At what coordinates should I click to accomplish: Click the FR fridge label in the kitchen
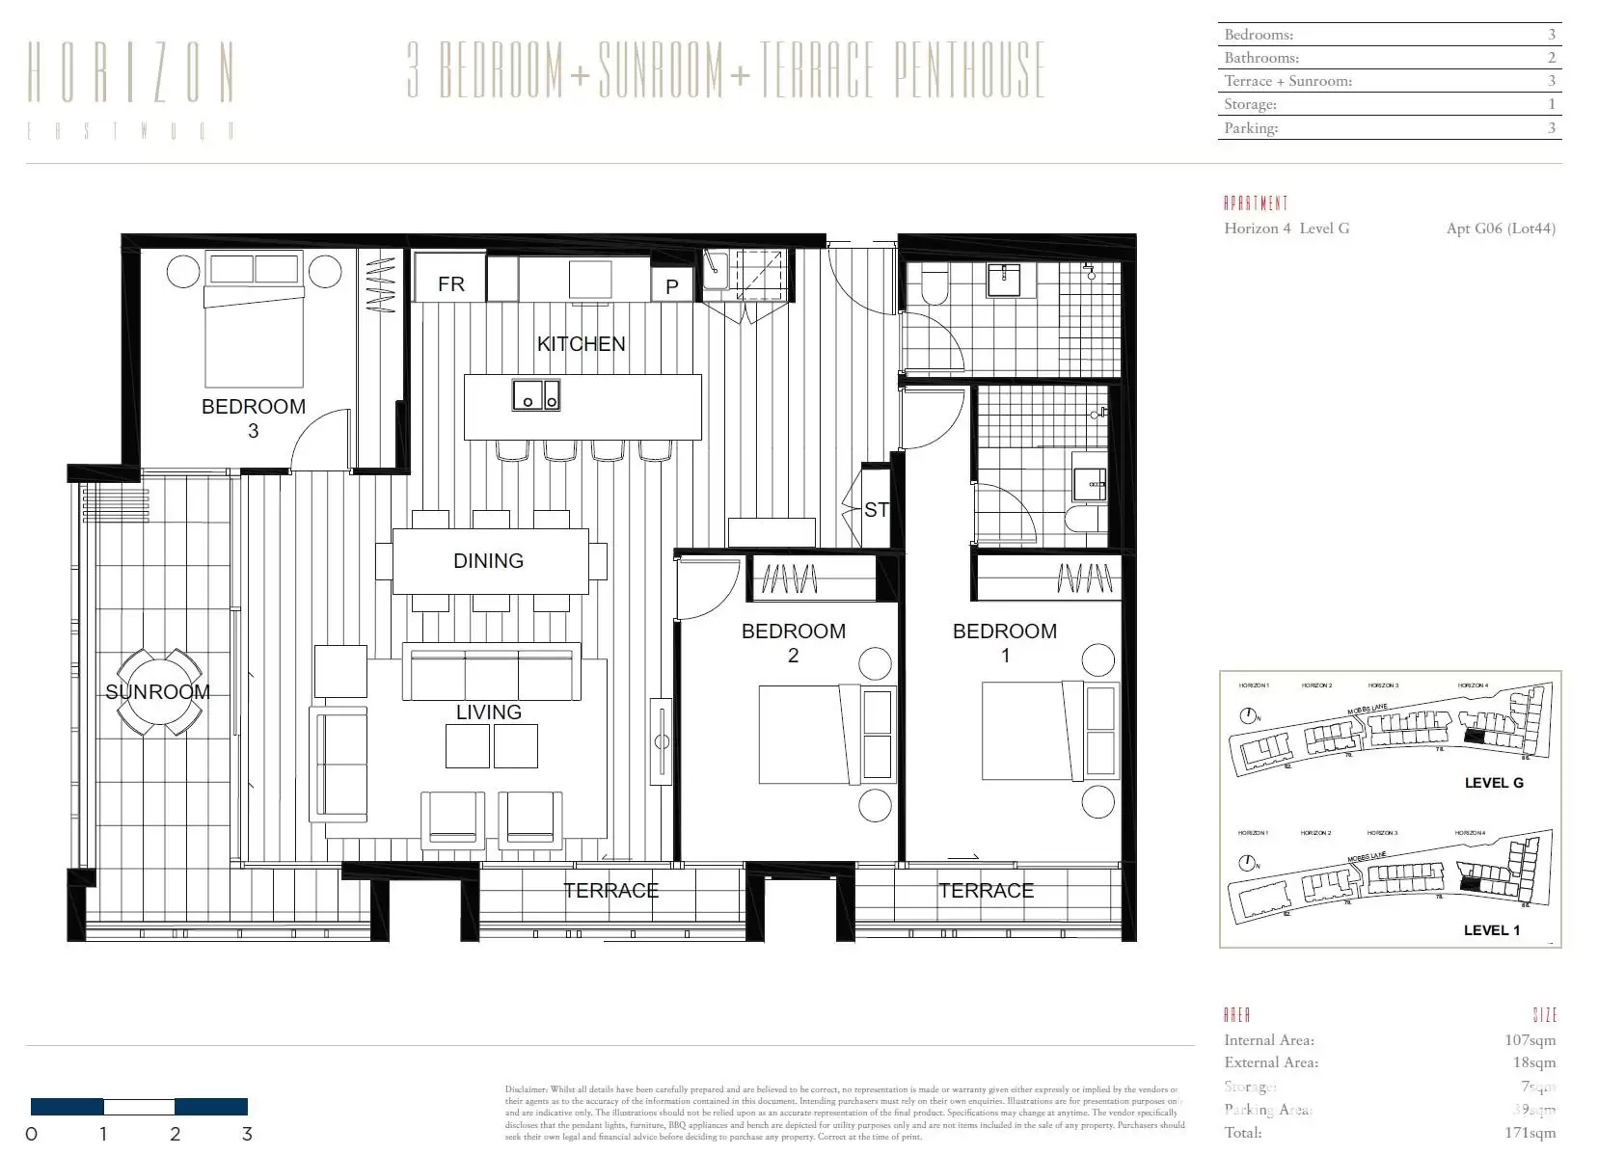tap(450, 284)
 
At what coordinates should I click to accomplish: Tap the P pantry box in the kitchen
tap(672, 286)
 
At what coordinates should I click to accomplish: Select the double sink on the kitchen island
tap(535, 394)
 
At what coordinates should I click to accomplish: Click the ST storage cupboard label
tap(876, 510)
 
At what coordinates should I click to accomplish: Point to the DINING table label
tap(489, 561)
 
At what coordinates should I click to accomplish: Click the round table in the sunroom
tap(160, 692)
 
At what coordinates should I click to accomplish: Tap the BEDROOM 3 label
tap(254, 417)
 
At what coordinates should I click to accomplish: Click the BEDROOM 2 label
tap(793, 643)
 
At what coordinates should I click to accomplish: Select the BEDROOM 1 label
tap(1005, 643)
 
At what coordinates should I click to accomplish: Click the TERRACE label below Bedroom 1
tap(986, 891)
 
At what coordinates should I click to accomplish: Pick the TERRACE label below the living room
tap(611, 891)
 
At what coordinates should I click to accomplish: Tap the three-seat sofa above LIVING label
tap(492, 673)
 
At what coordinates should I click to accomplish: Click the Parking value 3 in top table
tap(1551, 127)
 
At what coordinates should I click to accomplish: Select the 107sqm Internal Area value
tap(1530, 1040)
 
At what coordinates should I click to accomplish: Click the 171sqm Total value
tap(1530, 1133)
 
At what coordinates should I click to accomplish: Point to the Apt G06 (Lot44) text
tap(1501, 228)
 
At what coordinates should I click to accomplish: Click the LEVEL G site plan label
tap(1493, 783)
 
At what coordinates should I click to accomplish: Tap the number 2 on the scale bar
tap(176, 1135)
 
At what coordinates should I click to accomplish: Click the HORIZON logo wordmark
tap(131, 73)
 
